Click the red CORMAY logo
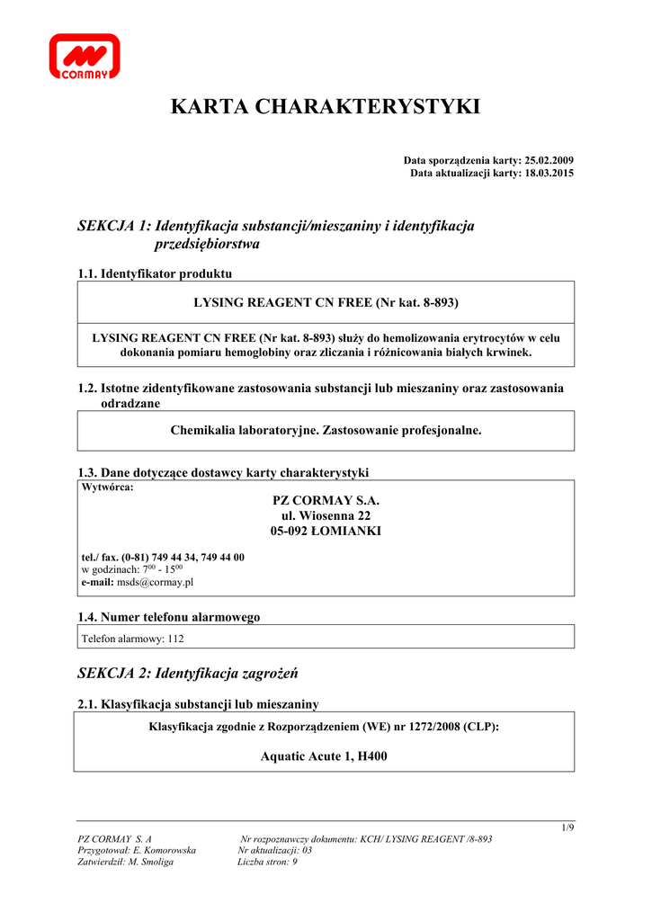coord(84,57)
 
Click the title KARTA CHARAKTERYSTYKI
coord(326,108)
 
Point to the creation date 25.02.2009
coord(548,160)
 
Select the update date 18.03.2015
coord(548,173)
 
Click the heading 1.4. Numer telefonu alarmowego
coord(169,617)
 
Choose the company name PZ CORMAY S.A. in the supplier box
coord(326,500)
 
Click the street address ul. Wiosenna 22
coord(326,515)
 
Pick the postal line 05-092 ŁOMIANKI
coord(326,531)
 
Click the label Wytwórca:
coord(107,487)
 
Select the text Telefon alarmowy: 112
coord(133,639)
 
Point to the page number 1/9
coord(567,827)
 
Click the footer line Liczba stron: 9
coord(267,862)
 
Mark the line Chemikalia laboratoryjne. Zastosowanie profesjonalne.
coord(326,431)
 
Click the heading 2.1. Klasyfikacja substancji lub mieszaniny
coord(198,704)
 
